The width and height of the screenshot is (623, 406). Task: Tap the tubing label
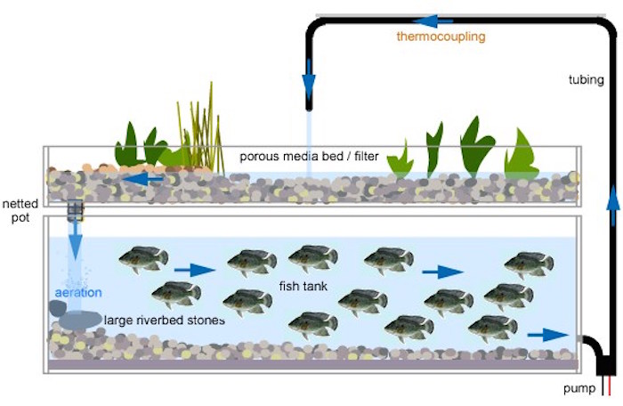(586, 80)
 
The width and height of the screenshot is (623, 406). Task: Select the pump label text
(578, 389)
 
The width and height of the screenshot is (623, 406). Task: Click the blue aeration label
(78, 292)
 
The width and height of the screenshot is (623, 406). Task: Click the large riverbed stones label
(164, 320)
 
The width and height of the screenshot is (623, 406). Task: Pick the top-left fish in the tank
(143, 258)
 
